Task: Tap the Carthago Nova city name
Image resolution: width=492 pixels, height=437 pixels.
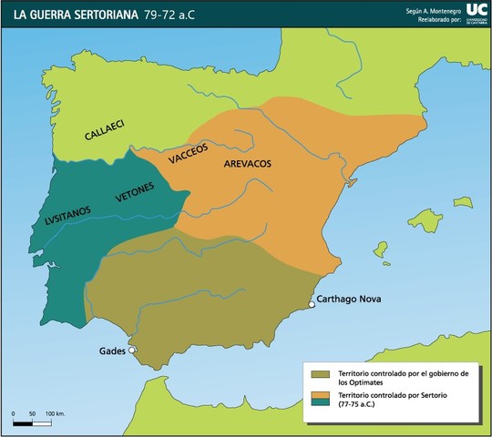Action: pos(349,300)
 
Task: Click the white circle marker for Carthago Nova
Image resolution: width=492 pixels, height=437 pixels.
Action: pos(312,305)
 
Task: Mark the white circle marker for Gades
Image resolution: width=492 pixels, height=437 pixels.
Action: pos(132,350)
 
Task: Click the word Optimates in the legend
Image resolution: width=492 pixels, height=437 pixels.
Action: pos(363,382)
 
